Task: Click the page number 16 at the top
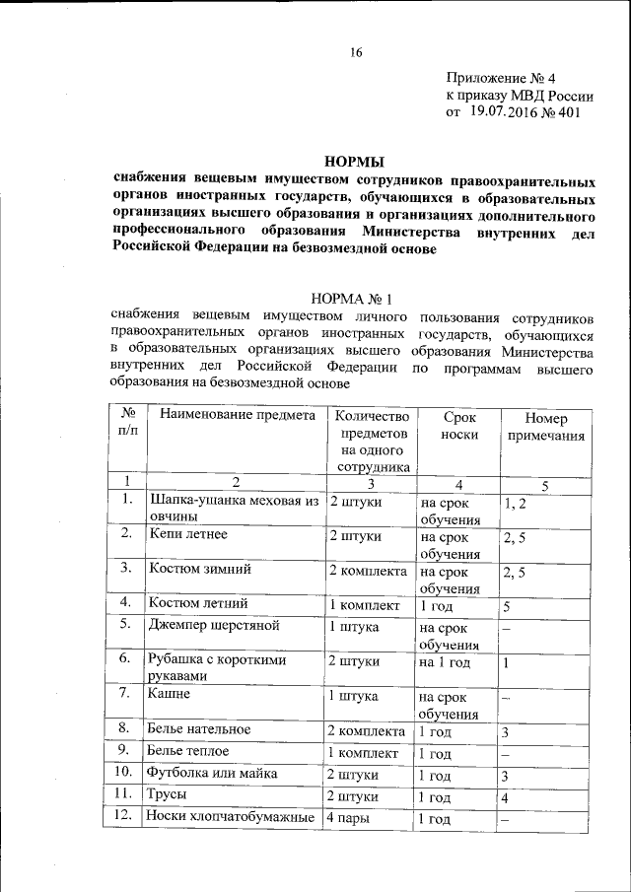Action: (x=356, y=52)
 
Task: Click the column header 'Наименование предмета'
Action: (x=237, y=415)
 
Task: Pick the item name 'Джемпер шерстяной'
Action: (x=215, y=625)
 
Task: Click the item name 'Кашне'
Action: (x=170, y=693)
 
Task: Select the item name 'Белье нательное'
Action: (x=201, y=729)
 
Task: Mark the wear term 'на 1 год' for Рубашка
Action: (x=446, y=662)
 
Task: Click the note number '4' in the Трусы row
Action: (x=505, y=795)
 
